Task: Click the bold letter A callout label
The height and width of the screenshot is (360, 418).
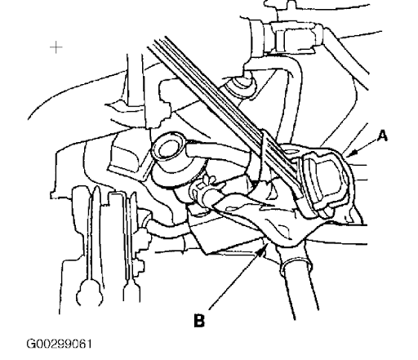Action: pos(382,136)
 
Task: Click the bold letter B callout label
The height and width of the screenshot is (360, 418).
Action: pos(199,321)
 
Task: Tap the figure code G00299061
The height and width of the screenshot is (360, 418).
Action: pos(59,344)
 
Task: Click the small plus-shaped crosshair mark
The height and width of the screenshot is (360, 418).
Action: pos(56,47)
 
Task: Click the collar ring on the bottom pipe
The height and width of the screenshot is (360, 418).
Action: pos(296,262)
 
